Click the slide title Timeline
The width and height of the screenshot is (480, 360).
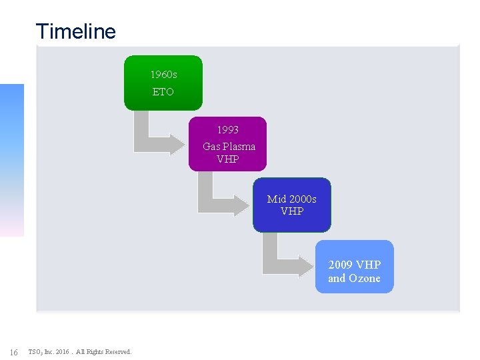click(75, 31)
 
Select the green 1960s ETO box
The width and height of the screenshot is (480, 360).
click(163, 83)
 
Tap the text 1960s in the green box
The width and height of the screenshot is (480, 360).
click(163, 75)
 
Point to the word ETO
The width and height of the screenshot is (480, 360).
click(163, 92)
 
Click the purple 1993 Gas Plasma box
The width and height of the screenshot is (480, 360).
click(227, 144)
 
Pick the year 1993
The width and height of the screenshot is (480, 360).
click(227, 129)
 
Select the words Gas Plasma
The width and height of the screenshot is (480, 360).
click(229, 146)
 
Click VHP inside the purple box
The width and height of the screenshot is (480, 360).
click(227, 159)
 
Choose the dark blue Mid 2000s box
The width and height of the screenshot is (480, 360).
click(291, 205)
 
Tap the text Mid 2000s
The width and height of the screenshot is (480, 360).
click(291, 199)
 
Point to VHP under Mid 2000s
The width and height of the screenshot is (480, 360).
click(292, 211)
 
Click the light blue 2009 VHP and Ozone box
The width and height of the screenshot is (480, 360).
click(354, 267)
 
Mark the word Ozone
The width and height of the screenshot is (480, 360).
click(364, 279)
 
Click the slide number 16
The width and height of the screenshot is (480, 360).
click(14, 352)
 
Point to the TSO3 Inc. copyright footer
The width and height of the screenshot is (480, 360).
click(80, 352)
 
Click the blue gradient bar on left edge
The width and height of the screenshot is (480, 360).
click(11, 160)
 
